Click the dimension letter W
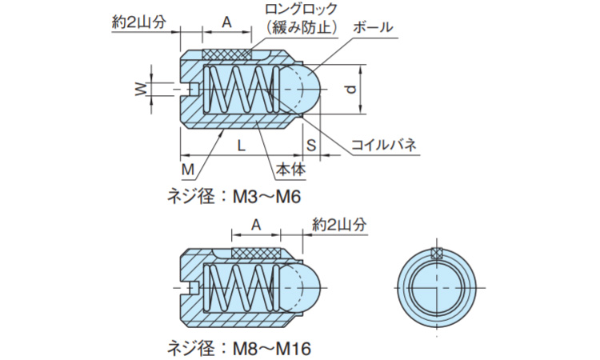pos(142,89)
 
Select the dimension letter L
pos(241,145)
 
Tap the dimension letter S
pos(310,145)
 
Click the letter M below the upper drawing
pos(187,170)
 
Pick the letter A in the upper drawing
pos(226,22)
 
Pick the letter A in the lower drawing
pos(256,226)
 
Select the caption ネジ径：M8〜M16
pos(239,348)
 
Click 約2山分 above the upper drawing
pos(139,22)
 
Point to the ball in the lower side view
pos(303,287)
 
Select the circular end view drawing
pos(436,287)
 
